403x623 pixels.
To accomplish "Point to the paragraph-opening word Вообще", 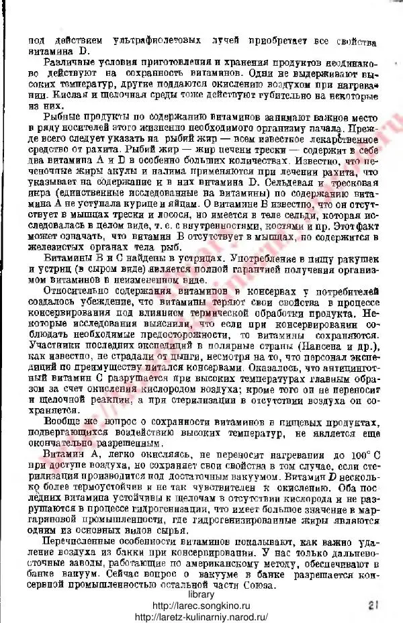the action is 60,420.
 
